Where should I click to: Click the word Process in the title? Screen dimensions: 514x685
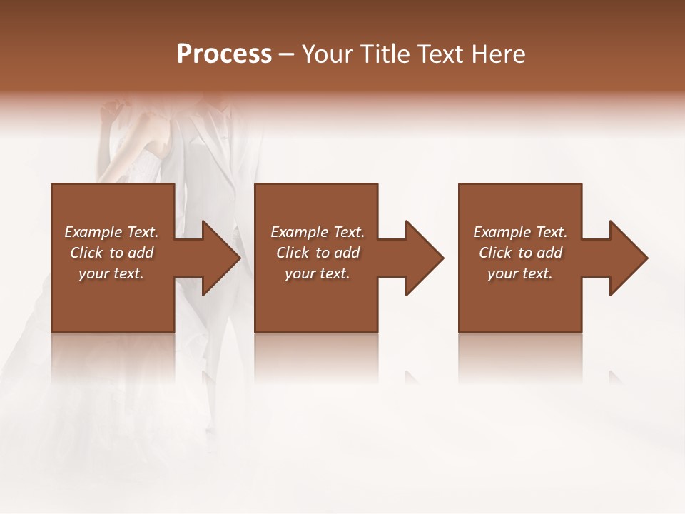pos(224,54)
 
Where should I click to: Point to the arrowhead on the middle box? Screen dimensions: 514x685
pos(423,258)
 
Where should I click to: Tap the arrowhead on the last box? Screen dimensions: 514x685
pos(627,258)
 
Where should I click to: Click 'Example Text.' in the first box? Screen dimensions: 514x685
pos(111,232)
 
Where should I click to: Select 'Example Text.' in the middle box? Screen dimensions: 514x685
pos(318,232)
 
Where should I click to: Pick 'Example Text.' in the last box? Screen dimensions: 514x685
pos(520,232)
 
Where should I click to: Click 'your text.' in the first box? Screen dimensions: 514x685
pos(111,273)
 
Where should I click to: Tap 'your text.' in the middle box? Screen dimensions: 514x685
pos(318,273)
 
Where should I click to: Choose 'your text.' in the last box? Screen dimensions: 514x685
pos(520,273)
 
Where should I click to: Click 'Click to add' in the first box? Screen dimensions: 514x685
pos(111,253)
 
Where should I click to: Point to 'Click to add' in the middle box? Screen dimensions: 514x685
pos(318,253)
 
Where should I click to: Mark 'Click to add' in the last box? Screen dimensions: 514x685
pos(520,253)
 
